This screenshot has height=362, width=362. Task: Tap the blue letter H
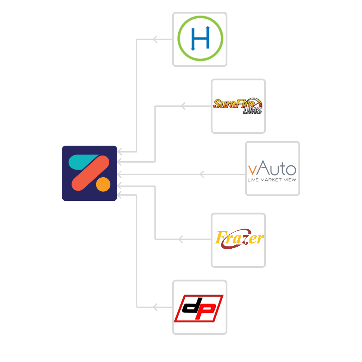200,38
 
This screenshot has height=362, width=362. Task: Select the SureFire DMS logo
238,106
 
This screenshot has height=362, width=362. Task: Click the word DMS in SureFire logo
252,111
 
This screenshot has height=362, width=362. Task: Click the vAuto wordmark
272,168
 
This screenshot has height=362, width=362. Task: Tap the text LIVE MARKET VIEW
272,180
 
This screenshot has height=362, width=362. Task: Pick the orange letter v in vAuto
252,170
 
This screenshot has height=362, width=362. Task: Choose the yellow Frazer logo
239,239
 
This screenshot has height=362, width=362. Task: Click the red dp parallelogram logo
199,308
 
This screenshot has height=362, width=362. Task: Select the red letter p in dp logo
205,311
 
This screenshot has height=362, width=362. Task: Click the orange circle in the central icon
103,184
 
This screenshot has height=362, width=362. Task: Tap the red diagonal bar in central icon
90,173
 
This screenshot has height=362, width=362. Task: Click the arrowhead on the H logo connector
155,40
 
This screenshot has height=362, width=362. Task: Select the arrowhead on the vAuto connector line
202,174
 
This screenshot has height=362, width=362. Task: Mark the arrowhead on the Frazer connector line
181,239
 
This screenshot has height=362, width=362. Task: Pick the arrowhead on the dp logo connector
155,307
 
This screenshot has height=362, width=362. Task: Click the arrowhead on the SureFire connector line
183,106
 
